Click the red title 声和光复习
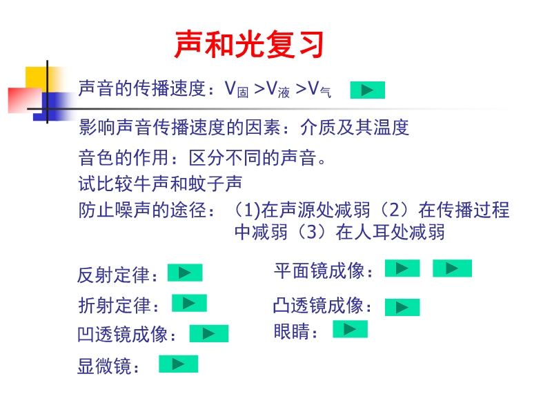tap(249, 44)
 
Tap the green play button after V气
tap(367, 90)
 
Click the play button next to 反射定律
tap(185, 273)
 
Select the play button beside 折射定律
tap(189, 303)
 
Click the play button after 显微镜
tap(179, 364)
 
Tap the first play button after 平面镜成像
tap(402, 268)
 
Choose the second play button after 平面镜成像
tap(452, 268)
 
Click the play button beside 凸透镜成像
tap(402, 307)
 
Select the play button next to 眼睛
tap(350, 329)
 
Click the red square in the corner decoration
tap(25, 100)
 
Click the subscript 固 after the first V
tap(243, 92)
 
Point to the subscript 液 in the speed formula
tap(284, 92)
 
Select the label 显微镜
tap(105, 366)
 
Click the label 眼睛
tap(292, 331)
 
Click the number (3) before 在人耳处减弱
tap(311, 232)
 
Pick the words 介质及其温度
tap(355, 127)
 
